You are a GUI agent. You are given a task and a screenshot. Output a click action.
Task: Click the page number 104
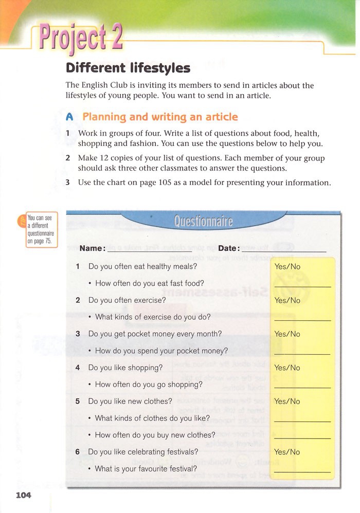click(x=23, y=495)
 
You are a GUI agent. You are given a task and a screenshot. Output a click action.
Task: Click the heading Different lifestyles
click(x=128, y=68)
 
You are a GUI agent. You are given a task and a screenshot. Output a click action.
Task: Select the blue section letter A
click(x=70, y=117)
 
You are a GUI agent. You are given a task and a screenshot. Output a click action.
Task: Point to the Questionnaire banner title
click(x=203, y=222)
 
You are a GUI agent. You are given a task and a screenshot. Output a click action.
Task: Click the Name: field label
click(x=93, y=248)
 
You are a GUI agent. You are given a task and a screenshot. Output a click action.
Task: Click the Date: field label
click(x=229, y=248)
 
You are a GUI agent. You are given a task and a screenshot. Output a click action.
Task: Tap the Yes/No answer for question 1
click(x=287, y=267)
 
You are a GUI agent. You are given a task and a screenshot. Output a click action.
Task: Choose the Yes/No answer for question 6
click(x=287, y=452)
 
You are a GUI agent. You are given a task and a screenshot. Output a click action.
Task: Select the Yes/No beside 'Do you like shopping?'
click(x=287, y=368)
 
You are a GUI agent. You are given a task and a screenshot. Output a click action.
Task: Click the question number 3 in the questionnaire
click(x=78, y=334)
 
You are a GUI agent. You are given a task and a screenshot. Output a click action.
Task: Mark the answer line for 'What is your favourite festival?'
click(x=302, y=471)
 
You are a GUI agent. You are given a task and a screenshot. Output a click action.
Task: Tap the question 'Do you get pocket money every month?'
click(x=155, y=334)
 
